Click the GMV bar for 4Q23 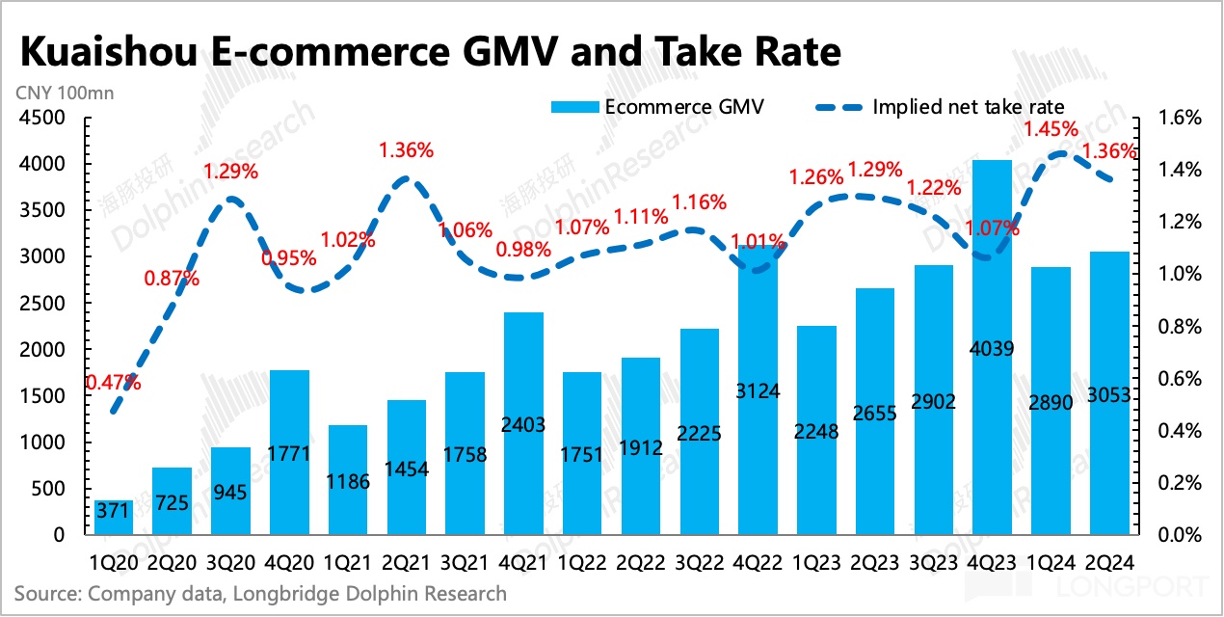[992, 347]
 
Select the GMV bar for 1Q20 [115, 517]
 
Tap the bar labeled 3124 [758, 390]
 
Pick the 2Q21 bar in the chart [407, 468]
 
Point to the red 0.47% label [114, 382]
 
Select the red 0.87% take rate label [173, 280]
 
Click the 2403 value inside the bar [523, 423]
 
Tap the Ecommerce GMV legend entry [657, 107]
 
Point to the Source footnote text [260, 593]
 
